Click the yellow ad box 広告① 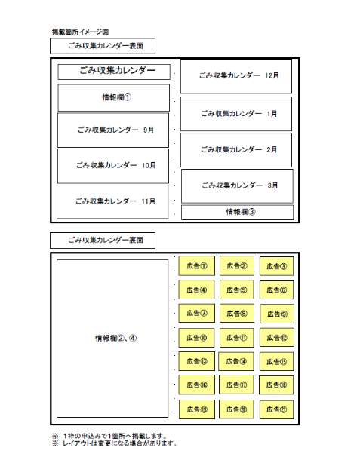[197, 266]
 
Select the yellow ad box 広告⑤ [237, 290]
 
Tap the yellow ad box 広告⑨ [277, 314]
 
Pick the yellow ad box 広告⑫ [277, 338]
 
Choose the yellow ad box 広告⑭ [236, 361]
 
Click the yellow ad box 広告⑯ [197, 385]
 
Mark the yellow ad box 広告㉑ [276, 409]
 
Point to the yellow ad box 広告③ [276, 266]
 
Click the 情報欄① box [113, 98]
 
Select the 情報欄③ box [238, 212]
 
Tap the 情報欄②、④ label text [116, 338]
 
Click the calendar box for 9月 [113, 130]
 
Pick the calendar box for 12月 [236, 76]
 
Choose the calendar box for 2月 [236, 150]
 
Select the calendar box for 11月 [112, 201]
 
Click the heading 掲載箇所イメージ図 [80, 32]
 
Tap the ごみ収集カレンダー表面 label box [103, 46]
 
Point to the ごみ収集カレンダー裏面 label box [103, 241]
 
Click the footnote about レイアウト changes [115, 443]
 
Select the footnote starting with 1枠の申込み [109, 436]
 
